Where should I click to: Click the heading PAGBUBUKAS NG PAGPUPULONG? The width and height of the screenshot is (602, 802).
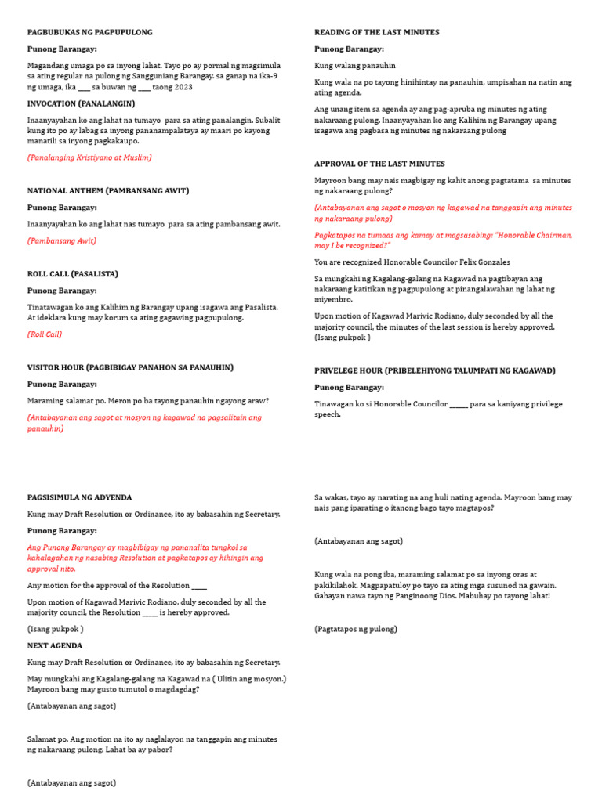click(x=89, y=32)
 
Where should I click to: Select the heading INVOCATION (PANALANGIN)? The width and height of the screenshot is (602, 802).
click(x=81, y=103)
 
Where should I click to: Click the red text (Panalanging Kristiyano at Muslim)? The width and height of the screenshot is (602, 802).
click(x=89, y=157)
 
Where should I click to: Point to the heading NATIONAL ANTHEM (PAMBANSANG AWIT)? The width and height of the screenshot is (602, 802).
click(x=108, y=190)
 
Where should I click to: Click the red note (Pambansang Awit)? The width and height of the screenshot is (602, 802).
click(x=62, y=240)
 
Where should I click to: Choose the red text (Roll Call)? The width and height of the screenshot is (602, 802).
click(x=45, y=334)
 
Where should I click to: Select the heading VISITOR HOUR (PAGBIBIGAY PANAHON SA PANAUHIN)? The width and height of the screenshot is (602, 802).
click(x=130, y=367)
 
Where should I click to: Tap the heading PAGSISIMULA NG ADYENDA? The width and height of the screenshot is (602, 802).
click(x=79, y=497)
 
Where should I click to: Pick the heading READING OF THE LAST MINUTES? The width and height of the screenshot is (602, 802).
click(x=376, y=32)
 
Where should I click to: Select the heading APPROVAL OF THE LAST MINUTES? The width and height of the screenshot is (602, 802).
click(x=379, y=164)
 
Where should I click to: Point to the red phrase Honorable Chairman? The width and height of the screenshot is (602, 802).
click(x=533, y=235)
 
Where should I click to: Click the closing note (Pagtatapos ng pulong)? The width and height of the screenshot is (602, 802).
click(x=356, y=629)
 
